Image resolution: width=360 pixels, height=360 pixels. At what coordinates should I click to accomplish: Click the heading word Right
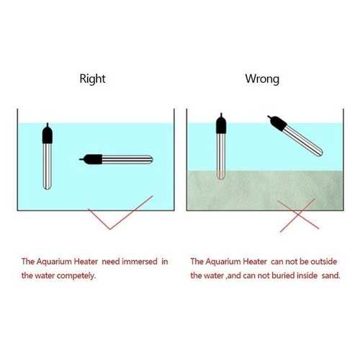pos(92,79)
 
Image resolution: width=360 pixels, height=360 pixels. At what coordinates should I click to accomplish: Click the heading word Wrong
pos(262,78)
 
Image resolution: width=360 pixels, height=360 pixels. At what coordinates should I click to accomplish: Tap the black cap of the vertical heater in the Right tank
pos(48,134)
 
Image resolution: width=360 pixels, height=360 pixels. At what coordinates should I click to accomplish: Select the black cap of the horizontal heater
pos(91,159)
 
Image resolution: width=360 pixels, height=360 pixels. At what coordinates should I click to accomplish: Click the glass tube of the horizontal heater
pos(127,160)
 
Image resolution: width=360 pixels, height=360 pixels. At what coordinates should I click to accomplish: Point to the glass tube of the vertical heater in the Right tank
pos(48,166)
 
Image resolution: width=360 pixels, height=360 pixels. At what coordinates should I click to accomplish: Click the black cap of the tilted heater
pos(277,122)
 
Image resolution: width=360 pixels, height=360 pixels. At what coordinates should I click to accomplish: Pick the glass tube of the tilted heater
pos(303,140)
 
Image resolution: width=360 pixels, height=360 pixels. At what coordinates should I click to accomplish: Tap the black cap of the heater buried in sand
pos(221,124)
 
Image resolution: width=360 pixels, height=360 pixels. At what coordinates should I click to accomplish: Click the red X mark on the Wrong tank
pos(298,215)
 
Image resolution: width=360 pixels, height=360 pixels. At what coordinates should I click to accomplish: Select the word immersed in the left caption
pos(140,261)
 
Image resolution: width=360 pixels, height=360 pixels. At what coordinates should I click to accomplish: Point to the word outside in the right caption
pos(324,261)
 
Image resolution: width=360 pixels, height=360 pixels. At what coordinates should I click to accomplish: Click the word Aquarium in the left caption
pos(54,261)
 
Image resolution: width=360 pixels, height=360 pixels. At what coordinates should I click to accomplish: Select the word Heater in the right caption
pos(255,261)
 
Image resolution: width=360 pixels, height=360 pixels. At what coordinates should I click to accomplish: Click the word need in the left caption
pos(110,261)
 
